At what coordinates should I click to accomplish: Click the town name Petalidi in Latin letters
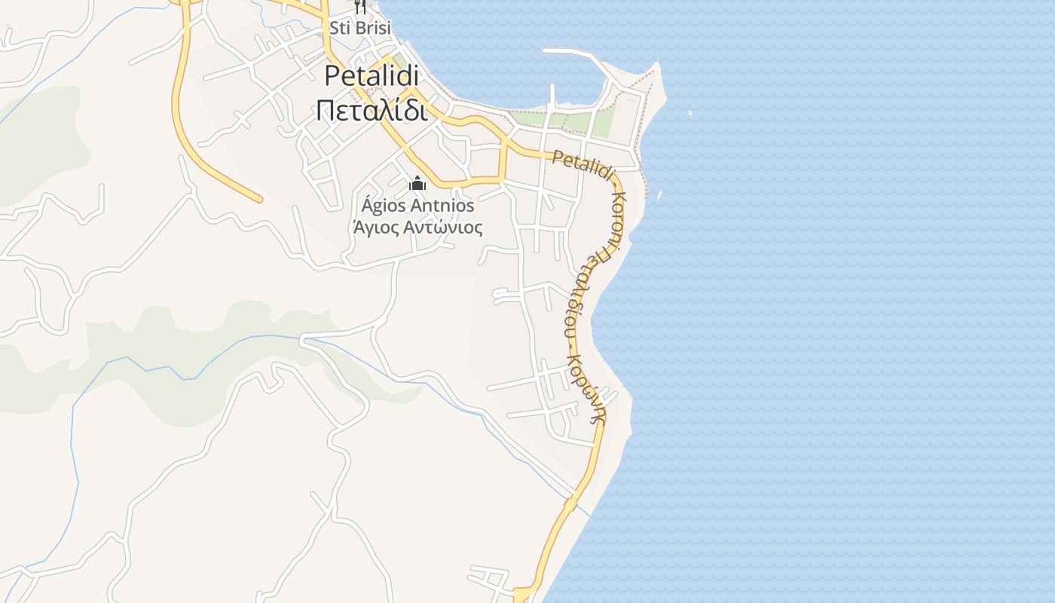pos(372,76)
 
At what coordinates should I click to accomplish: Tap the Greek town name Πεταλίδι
pos(372,110)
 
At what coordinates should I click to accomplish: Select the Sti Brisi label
pos(360,28)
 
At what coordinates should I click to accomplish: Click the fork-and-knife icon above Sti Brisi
pos(360,7)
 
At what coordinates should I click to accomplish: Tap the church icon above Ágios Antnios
pos(417,183)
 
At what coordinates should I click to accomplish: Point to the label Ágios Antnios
pos(417,205)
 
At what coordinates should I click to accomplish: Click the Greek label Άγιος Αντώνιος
pos(417,227)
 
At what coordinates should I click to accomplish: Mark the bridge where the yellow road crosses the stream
pos(571,501)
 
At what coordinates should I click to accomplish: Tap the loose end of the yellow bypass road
pos(258,199)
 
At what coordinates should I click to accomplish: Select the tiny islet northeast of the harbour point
pos(690,113)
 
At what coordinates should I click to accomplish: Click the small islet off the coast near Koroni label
pos(659,195)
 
